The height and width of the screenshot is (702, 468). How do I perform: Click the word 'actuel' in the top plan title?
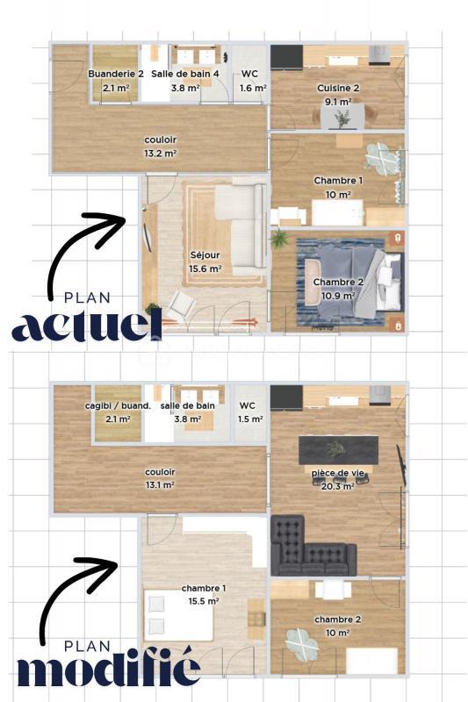click(86, 326)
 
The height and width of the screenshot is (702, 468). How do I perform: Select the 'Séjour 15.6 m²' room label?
click(205, 262)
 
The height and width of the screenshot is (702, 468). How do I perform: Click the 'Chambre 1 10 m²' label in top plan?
click(337, 187)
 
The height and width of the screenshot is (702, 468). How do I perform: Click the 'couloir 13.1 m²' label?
click(160, 477)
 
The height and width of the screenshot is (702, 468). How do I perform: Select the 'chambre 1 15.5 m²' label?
click(204, 594)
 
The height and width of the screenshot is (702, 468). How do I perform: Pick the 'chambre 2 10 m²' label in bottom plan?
click(337, 627)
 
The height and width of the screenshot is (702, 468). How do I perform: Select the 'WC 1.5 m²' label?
click(247, 412)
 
